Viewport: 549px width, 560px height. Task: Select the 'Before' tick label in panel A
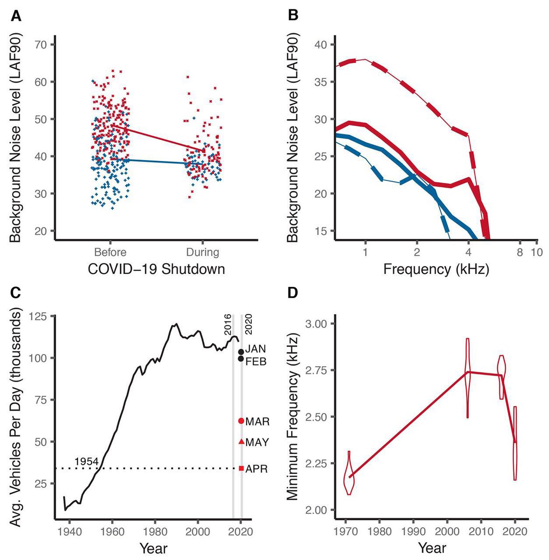[110, 252]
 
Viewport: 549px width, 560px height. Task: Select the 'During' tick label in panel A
[203, 252]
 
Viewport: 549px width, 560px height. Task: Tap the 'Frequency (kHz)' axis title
[436, 269]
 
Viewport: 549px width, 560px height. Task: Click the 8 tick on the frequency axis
[519, 252]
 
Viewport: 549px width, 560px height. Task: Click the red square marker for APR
[241, 469]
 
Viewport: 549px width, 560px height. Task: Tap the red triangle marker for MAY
[241, 441]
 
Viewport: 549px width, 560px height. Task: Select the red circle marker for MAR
[241, 421]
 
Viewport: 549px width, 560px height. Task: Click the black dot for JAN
[241, 352]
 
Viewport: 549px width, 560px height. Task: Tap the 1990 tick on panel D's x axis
[413, 532]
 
